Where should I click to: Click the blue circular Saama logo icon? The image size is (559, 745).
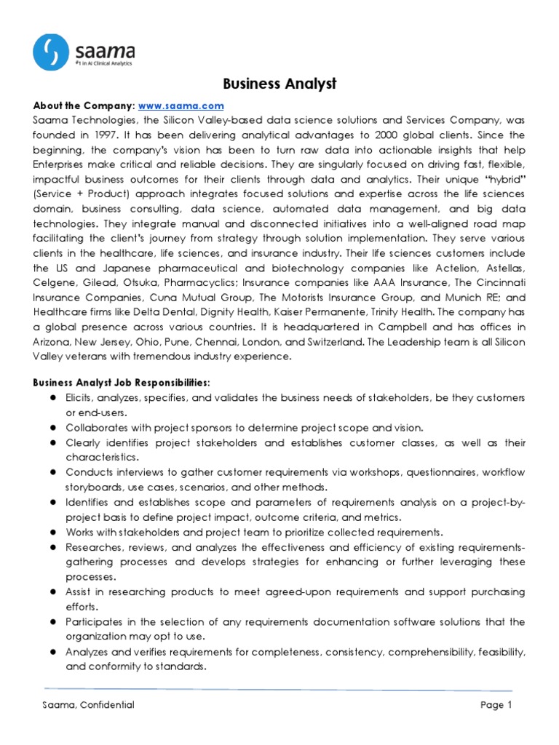point(52,54)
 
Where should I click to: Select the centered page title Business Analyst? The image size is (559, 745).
point(279,84)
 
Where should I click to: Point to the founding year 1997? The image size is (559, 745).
point(105,135)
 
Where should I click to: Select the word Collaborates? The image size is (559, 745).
point(97,428)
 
